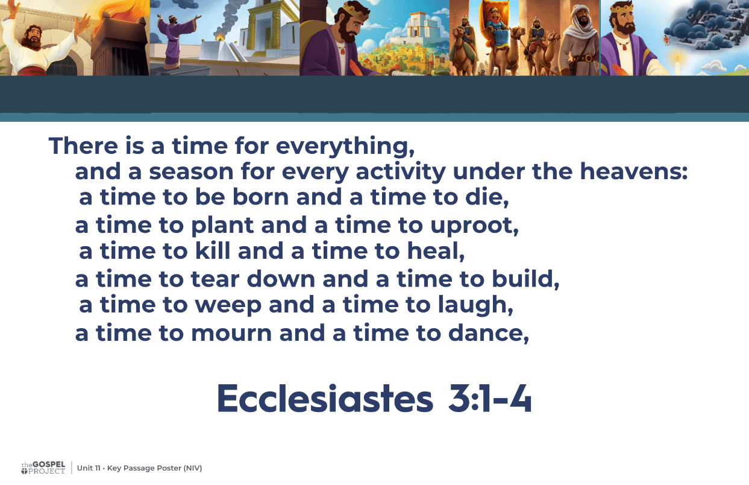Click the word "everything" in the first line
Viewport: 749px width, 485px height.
tap(345, 147)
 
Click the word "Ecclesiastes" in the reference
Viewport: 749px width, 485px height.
tap(325, 399)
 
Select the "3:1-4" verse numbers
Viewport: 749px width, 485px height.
tap(490, 398)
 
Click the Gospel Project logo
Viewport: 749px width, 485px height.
tap(43, 468)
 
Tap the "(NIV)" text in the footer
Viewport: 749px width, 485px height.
tap(193, 468)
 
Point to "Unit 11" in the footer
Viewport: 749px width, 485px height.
tap(89, 468)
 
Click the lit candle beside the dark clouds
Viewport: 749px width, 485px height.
tap(677, 65)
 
